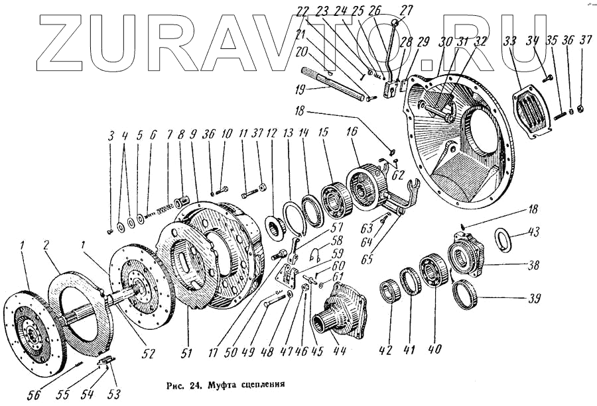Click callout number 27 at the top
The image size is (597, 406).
pyautogui.click(x=406, y=11)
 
